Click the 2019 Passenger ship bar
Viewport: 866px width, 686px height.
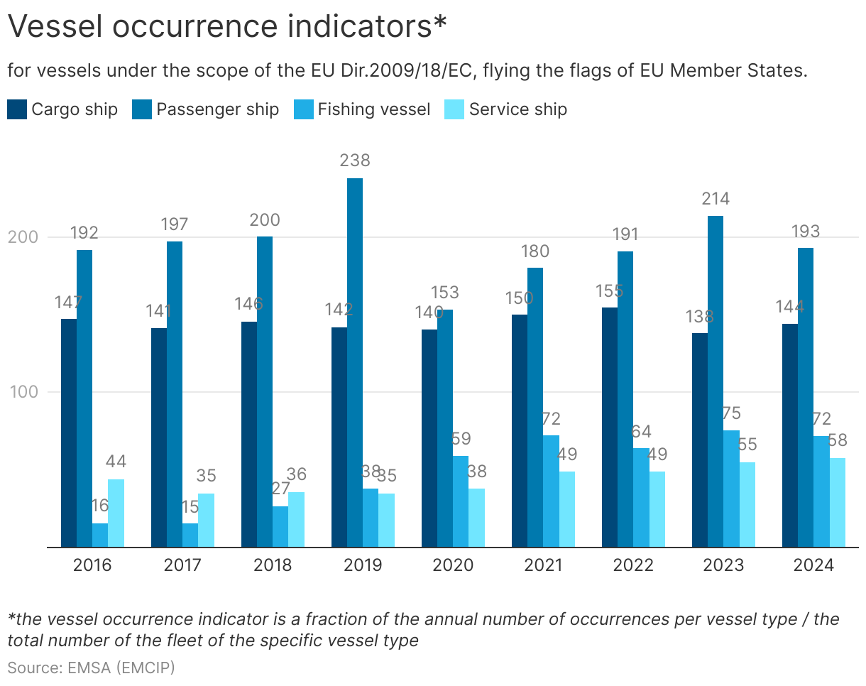[355, 362]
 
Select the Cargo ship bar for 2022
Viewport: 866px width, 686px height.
[610, 427]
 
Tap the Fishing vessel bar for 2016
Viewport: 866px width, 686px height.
[100, 535]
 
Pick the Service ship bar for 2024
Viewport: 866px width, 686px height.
[838, 502]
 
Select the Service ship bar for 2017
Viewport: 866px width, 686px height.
[206, 520]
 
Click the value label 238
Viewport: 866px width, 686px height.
[355, 160]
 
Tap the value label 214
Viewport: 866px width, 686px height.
[716, 198]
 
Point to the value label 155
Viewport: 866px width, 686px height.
[610, 290]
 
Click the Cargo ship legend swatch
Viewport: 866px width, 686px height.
[18, 109]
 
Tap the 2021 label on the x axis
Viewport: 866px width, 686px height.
[543, 565]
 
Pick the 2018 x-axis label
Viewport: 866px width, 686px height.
[273, 565]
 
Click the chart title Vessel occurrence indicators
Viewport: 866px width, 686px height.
[227, 27]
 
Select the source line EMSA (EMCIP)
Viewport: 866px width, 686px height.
[91, 667]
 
